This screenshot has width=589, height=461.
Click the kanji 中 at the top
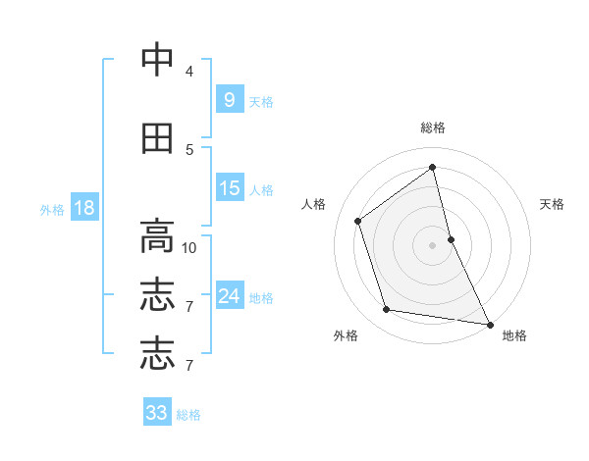coord(157,60)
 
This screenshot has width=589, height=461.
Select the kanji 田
coord(157,139)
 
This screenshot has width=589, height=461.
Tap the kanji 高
coord(157,236)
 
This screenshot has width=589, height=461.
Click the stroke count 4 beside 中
coord(189,72)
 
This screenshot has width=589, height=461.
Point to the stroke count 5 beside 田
coord(189,149)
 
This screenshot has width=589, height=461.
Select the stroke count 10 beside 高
coord(189,247)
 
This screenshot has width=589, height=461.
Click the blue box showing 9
coord(230,100)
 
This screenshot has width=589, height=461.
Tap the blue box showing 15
coord(230,188)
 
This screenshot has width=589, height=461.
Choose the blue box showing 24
coord(230,296)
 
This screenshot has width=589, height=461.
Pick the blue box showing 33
coord(157,413)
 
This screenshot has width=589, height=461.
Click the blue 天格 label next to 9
coord(260,101)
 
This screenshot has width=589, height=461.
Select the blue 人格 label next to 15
coord(260,189)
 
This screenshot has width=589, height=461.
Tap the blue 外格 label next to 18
coord(52,209)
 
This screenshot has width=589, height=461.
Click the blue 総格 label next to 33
coord(188,415)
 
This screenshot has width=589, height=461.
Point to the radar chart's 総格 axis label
coord(433,128)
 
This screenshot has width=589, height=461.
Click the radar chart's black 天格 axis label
coord(552,204)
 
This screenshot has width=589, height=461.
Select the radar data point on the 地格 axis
coord(489,324)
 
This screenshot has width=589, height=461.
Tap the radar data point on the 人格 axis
coord(358,221)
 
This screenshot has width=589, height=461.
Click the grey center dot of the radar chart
coord(433,244)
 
